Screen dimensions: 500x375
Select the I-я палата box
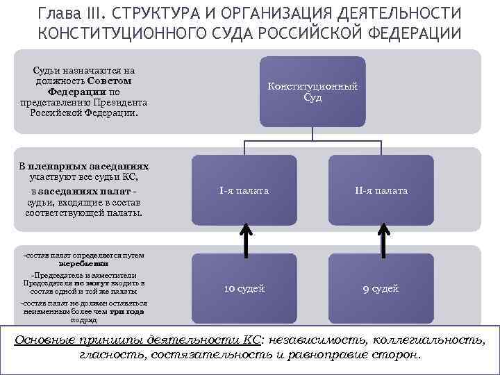pos(244,190)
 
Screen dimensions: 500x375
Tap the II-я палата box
pos(381,190)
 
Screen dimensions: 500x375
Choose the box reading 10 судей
pos(244,289)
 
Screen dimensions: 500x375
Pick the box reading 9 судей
pos(381,289)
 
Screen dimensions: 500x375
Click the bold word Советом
pos(110,81)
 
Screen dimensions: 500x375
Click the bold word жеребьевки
pos(83,264)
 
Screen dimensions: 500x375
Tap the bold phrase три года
pos(126,312)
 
